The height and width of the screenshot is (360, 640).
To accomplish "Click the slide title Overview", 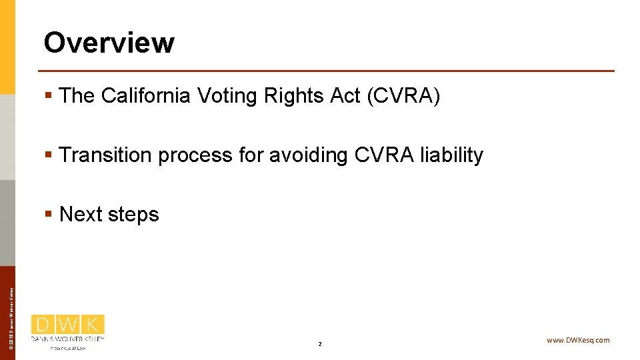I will [109, 43].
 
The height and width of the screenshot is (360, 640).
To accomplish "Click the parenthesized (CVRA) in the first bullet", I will [403, 96].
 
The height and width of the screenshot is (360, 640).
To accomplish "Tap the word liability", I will [452, 155].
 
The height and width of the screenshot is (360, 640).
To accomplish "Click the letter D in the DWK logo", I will [43, 325].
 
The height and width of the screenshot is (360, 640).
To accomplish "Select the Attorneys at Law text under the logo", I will [67, 348].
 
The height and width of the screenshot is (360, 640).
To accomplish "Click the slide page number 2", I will [320, 344].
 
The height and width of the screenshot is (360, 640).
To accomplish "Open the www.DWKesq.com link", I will [577, 340].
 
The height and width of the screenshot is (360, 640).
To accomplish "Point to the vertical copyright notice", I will [11, 313].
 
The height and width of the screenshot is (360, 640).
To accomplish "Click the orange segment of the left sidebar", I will [7, 47].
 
